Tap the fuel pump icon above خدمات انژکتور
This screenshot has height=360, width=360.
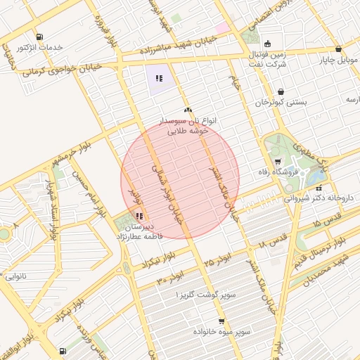38,37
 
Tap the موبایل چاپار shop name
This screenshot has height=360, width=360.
337,60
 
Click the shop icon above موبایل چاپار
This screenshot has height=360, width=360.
339,49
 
